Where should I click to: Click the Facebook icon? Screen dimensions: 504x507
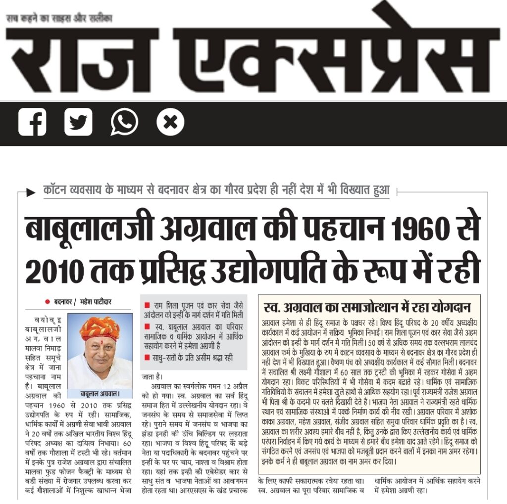pos(32,122)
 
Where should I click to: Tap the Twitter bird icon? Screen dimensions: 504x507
pos(78,122)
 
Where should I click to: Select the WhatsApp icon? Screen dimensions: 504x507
pos(124,122)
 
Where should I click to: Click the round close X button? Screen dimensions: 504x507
pos(170,122)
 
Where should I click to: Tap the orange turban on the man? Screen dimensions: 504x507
pos(99,327)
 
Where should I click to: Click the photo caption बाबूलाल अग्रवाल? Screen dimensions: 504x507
pos(100,394)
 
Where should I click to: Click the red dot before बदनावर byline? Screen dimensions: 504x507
pos(48,302)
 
